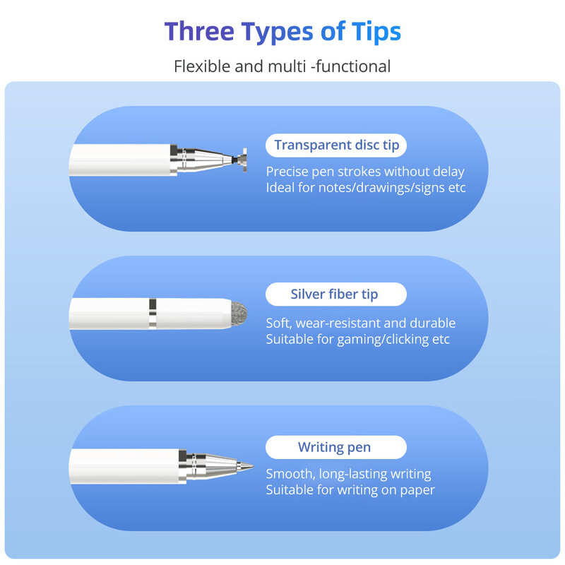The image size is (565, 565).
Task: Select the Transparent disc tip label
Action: point(336,145)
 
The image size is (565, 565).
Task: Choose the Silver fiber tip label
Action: point(334,295)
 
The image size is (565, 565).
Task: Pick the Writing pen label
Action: point(334,447)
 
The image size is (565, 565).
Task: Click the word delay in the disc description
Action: point(448,172)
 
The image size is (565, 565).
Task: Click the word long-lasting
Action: point(355,474)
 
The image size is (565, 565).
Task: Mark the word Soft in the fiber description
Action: point(278,323)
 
